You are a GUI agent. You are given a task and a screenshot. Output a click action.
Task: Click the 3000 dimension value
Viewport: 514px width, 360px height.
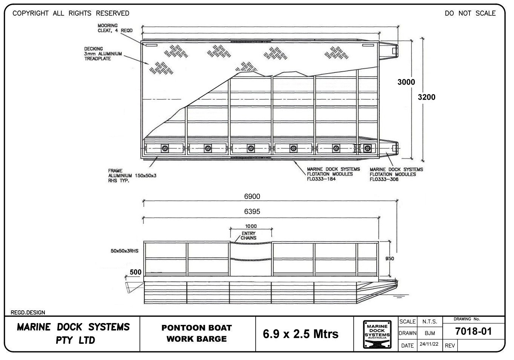click(x=406, y=82)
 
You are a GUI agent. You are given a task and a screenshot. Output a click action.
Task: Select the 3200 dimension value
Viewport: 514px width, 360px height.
click(x=427, y=97)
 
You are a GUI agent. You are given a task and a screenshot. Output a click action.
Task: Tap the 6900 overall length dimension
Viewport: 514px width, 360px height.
click(x=252, y=197)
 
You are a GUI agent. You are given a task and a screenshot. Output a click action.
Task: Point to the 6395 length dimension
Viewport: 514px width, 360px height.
click(x=252, y=212)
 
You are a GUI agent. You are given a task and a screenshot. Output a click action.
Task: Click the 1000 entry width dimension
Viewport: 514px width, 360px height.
click(x=251, y=226)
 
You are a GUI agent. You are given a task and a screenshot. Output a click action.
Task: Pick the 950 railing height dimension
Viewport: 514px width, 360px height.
click(x=389, y=258)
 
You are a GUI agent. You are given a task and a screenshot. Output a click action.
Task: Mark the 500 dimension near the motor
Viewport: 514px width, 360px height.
click(x=135, y=272)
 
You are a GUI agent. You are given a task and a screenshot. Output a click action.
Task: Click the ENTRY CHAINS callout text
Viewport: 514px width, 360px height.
click(x=249, y=236)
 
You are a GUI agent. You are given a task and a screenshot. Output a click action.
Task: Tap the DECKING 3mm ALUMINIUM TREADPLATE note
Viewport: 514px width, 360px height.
click(x=103, y=54)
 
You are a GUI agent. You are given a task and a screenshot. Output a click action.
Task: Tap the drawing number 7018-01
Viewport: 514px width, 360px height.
click(x=474, y=332)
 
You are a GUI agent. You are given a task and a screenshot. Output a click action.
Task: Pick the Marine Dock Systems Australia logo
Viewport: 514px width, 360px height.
click(x=376, y=334)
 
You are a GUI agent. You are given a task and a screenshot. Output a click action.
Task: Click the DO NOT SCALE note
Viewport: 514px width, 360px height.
click(x=470, y=13)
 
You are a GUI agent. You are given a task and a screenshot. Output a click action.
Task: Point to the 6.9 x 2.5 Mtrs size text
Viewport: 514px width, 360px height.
click(x=301, y=334)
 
